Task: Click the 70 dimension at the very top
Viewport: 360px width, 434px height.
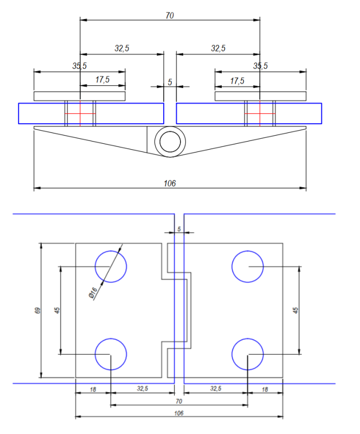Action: pos(170,16)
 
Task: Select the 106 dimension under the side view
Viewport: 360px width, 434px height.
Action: pos(170,183)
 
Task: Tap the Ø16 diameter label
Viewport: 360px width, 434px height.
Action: pos(93,292)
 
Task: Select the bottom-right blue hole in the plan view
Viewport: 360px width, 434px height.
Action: pos(248,354)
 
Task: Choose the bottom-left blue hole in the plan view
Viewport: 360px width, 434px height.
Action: pos(111,354)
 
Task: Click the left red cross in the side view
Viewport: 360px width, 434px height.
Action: pos(80,113)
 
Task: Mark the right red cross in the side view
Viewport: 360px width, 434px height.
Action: pos(260,113)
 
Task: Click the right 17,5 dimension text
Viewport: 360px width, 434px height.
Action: pos(237,81)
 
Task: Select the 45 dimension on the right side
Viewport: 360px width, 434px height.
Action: pos(295,310)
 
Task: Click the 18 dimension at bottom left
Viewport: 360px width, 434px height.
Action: pos(93,389)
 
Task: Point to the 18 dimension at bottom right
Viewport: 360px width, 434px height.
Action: pos(265,389)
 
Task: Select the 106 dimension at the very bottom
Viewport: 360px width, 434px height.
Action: pos(179,413)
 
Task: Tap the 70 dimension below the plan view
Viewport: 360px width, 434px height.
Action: pos(179,401)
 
